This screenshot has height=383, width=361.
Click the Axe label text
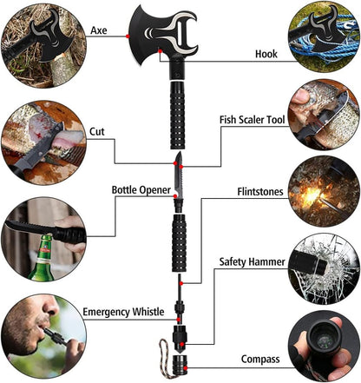coord(100,30)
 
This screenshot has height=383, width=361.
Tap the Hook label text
coord(266,53)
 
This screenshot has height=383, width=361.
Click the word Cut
coord(98,132)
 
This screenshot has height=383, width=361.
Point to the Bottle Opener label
coord(141,189)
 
